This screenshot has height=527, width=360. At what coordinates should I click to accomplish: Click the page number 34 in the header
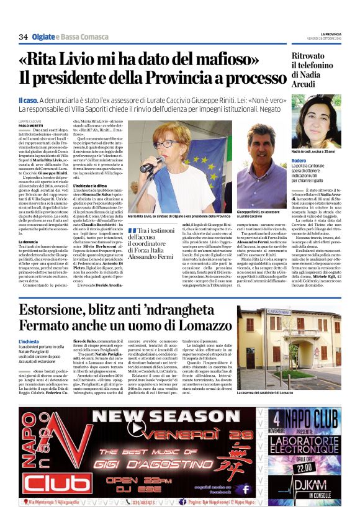[x=24, y=37]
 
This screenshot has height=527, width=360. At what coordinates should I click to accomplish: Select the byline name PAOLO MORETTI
[x=31, y=125]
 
